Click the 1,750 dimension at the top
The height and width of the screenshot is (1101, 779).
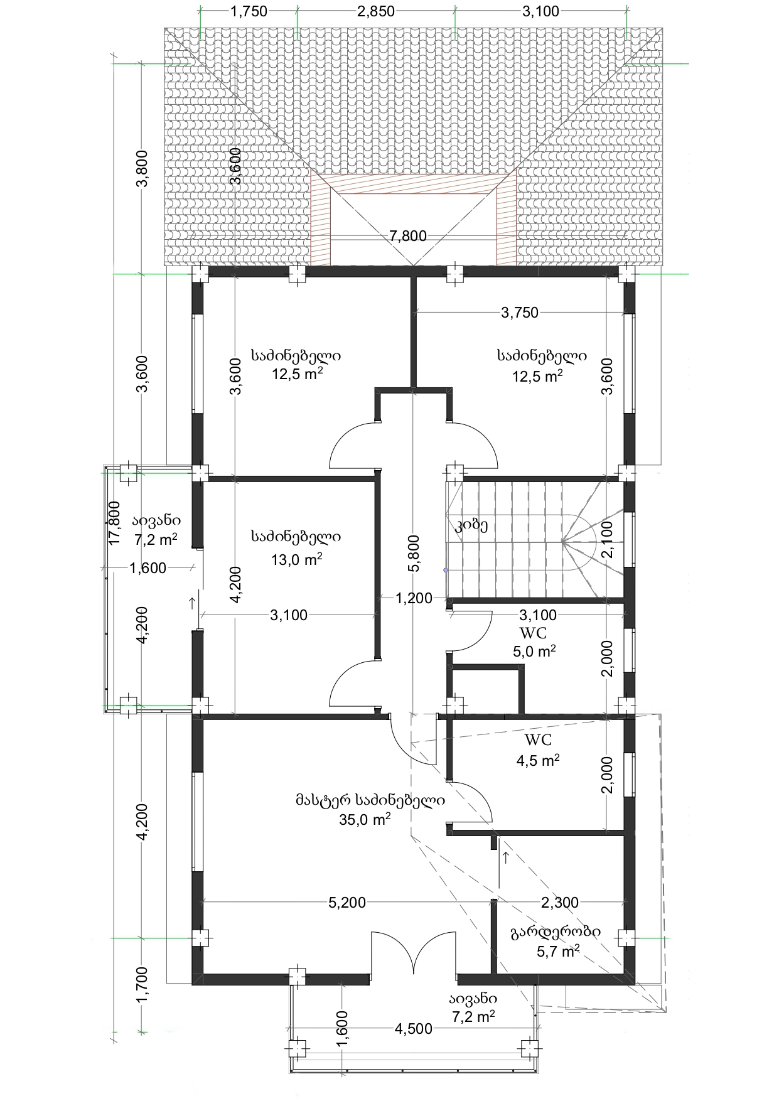tap(249, 11)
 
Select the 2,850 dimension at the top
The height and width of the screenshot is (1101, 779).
tap(376, 11)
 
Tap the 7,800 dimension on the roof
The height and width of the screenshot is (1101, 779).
tap(408, 236)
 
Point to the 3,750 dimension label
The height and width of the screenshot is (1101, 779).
tap(520, 313)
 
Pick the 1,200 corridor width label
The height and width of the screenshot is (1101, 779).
tap(414, 598)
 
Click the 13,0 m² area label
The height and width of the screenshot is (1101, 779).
tap(296, 559)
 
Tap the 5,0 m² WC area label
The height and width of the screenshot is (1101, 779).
tap(534, 652)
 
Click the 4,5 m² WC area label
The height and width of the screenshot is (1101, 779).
tap(538, 760)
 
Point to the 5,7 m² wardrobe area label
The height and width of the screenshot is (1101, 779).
tap(558, 951)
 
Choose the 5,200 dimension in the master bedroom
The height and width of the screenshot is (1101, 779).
tap(347, 903)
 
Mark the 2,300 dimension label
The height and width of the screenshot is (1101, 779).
tap(560, 903)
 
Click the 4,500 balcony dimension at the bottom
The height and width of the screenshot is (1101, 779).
tap(413, 1028)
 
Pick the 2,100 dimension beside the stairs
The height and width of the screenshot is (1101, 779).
tap(607, 539)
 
